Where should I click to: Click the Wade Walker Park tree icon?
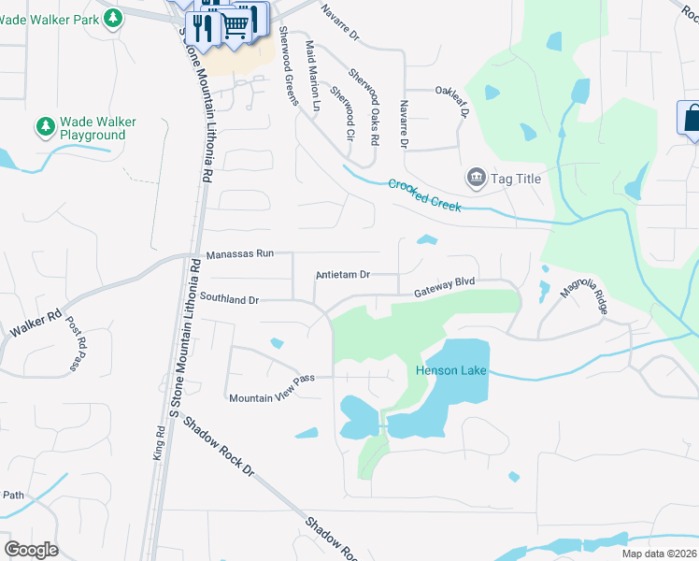113,18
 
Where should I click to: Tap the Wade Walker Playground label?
93,129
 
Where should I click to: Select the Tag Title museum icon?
476,178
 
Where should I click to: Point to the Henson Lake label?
450,370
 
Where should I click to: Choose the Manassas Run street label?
240,254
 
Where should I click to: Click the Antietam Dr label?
344,275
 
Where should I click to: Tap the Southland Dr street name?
229,299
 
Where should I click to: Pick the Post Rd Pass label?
75,345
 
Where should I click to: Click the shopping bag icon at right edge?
692,119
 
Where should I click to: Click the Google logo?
31,550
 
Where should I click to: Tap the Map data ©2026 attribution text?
659,554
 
